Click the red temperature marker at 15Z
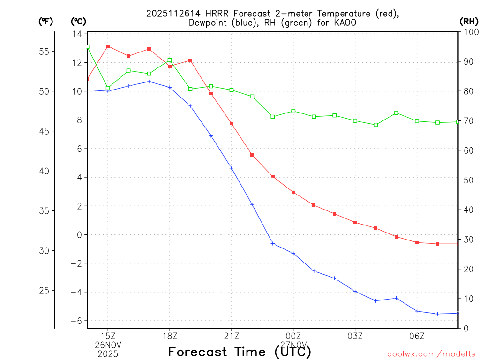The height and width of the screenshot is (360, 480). click(x=108, y=46)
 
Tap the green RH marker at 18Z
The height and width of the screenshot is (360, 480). click(x=170, y=60)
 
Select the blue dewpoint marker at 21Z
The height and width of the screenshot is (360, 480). click(x=232, y=168)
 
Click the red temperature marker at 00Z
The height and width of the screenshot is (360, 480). click(x=293, y=192)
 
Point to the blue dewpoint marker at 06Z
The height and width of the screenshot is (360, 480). click(x=417, y=311)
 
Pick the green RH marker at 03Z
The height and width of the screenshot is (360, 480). click(x=355, y=120)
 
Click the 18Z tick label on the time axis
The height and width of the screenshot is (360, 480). click(x=170, y=336)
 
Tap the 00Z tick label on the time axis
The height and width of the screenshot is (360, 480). click(x=293, y=336)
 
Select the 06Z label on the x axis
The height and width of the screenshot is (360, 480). click(x=417, y=336)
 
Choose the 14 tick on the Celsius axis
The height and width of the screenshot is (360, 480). click(x=77, y=34)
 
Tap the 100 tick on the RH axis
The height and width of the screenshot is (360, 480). click(x=471, y=32)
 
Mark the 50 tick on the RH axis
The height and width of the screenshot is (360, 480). click(x=469, y=180)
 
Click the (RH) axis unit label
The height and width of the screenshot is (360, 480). click(x=469, y=21)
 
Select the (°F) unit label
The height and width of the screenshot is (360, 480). click(x=46, y=21)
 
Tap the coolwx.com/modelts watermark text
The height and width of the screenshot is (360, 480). click(x=431, y=354)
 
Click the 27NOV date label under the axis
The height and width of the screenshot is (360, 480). click(x=293, y=345)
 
